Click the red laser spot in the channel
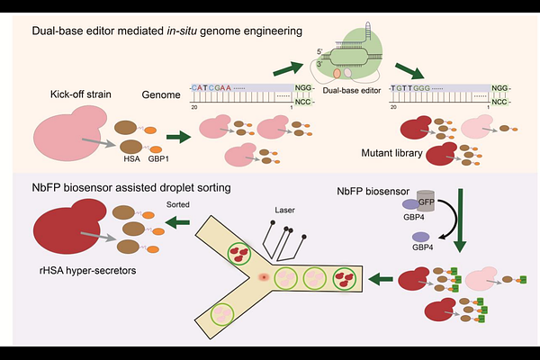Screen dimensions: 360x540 (262, 276)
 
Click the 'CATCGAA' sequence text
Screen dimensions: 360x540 (212, 88)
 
